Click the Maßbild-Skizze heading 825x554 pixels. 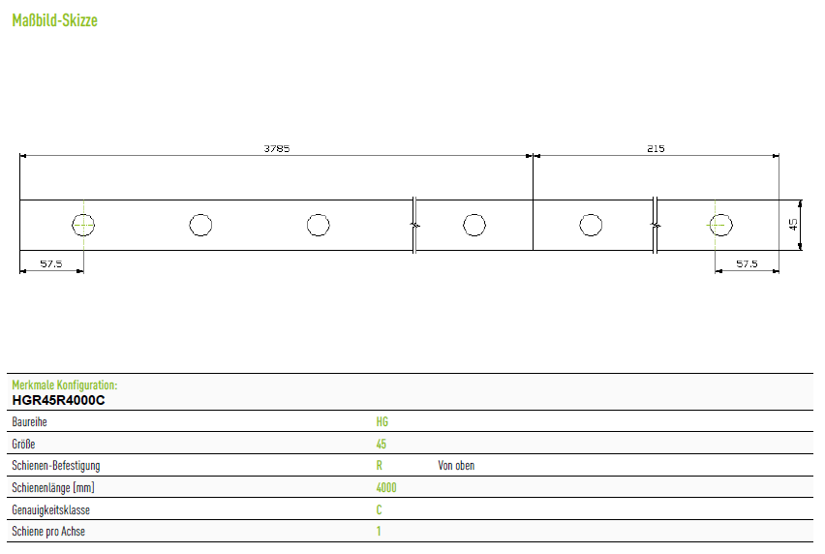click(x=55, y=20)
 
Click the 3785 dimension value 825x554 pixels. click(x=277, y=149)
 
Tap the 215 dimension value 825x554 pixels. click(x=656, y=149)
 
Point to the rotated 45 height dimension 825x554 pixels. click(x=793, y=225)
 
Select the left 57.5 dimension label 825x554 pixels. click(x=51, y=263)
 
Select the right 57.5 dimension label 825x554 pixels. click(x=747, y=263)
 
